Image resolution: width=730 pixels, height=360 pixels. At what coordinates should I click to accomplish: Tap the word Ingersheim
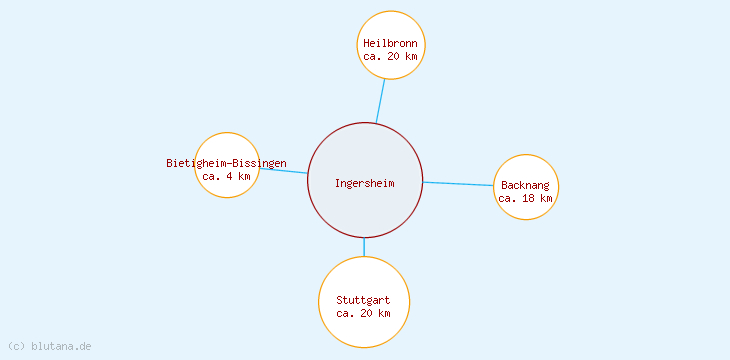click(x=365, y=183)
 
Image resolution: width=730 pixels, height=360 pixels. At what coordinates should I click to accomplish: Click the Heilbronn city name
click(x=391, y=44)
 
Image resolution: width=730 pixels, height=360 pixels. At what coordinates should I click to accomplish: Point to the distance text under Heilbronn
click(x=391, y=57)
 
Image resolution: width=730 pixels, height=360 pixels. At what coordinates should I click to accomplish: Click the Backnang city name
click(x=526, y=185)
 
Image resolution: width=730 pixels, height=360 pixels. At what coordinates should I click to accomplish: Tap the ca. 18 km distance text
click(x=526, y=198)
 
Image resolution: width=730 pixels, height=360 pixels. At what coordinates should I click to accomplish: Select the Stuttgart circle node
click(x=364, y=325)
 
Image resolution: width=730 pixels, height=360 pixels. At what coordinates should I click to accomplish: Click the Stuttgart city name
click(x=364, y=300)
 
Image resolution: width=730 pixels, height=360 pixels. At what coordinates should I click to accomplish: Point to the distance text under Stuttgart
click(x=364, y=313)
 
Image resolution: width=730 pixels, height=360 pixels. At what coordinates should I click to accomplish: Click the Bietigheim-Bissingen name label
click(x=227, y=163)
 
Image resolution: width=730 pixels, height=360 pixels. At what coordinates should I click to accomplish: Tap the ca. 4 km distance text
click(x=227, y=176)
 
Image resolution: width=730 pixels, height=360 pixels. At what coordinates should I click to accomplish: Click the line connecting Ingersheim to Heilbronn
click(x=380, y=100)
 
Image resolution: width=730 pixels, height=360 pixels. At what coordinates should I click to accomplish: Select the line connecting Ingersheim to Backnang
click(x=458, y=184)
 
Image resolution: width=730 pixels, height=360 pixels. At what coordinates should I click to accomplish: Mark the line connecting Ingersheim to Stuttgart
click(x=364, y=246)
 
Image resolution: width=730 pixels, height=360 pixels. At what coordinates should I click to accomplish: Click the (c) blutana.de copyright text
click(x=50, y=346)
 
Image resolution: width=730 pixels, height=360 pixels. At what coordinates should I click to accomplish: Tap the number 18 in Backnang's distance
click(x=527, y=198)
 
